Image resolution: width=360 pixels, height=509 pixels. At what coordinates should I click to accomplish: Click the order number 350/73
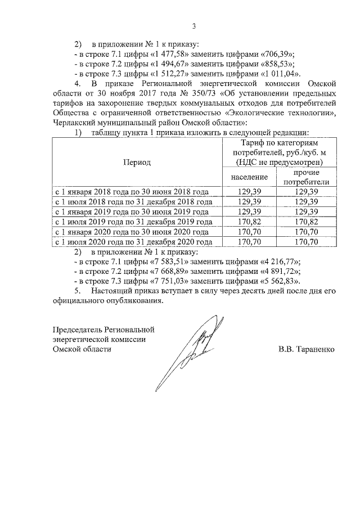point(209,93)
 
